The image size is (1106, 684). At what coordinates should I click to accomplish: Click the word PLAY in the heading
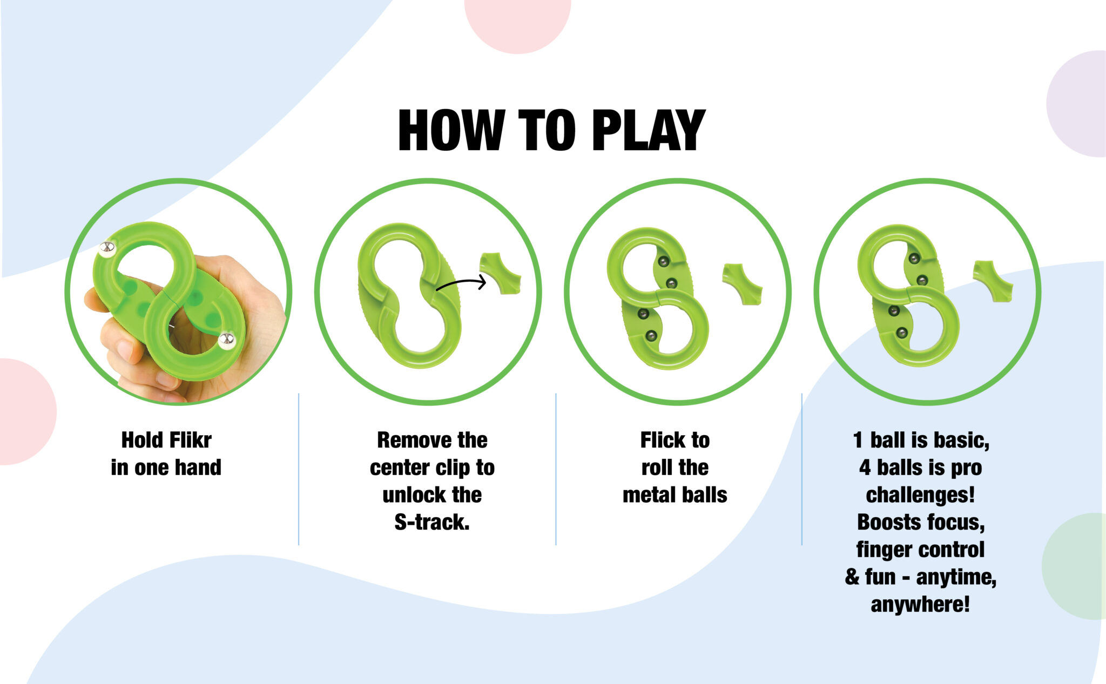tap(648, 130)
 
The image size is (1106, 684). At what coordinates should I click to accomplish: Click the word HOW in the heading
tap(450, 130)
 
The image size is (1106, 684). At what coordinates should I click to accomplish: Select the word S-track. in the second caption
tap(432, 522)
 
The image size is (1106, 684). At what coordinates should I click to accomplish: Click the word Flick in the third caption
tap(662, 440)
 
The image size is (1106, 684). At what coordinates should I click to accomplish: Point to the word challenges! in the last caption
tap(920, 495)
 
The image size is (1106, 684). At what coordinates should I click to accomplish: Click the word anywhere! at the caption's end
tap(920, 604)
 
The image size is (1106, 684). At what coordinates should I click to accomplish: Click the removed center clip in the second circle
tap(501, 273)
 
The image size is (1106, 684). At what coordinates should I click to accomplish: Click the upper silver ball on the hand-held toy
tap(107, 248)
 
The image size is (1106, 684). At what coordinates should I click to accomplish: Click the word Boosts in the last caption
tap(886, 522)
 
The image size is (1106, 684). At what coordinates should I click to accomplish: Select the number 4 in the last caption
tap(865, 468)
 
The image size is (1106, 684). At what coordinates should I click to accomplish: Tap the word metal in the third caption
tap(648, 495)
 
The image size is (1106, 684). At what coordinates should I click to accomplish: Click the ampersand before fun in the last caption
tap(852, 577)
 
